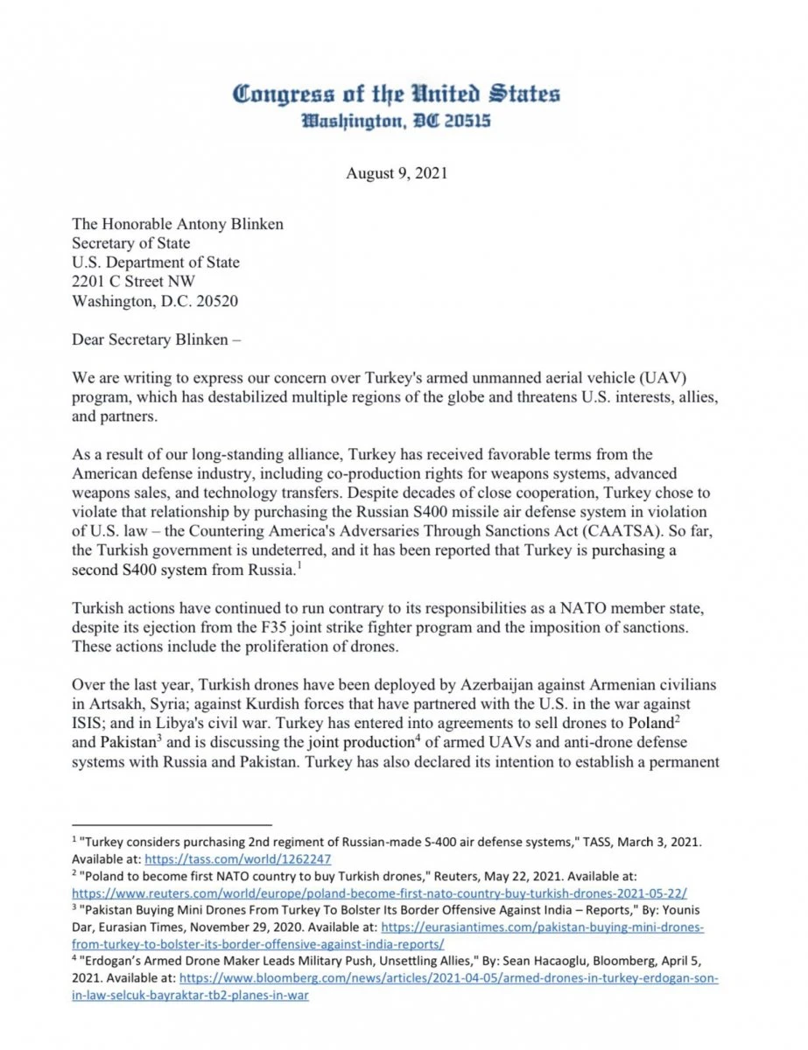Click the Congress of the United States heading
pyautogui.click(x=397, y=94)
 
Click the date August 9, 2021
pyautogui.click(x=397, y=173)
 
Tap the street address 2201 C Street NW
pyautogui.click(x=134, y=282)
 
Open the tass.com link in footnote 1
pyautogui.click(x=237, y=859)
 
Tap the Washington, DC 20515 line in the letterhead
pyautogui.click(x=396, y=122)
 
